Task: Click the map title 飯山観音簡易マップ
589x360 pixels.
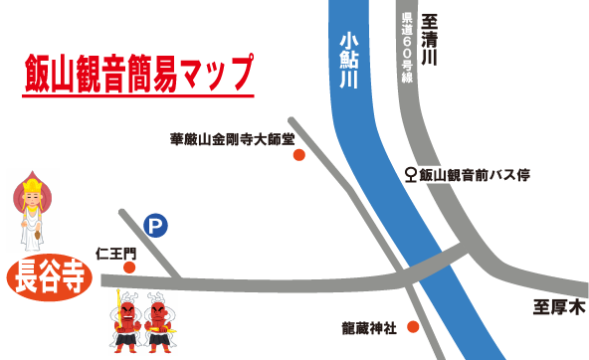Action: [x=137, y=73]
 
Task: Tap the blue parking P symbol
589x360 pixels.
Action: [x=155, y=228]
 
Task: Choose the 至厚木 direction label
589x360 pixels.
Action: [x=556, y=308]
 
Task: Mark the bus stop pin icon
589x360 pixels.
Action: [x=411, y=176]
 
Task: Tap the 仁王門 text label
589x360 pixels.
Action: [x=115, y=253]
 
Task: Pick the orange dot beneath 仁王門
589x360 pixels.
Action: [x=128, y=268]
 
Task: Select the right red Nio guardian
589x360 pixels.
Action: [x=161, y=322]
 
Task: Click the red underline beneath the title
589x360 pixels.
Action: [x=137, y=96]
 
